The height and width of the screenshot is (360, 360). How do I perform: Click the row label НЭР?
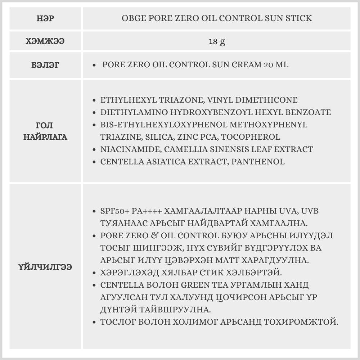pos(45,18)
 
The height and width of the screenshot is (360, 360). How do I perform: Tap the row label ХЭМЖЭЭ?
pos(45,41)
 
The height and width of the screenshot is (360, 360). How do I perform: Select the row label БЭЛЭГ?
pos(45,65)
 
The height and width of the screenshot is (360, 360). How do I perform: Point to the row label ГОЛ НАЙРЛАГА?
pos(45,131)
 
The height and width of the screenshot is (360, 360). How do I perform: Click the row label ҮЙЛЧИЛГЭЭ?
pos(45,267)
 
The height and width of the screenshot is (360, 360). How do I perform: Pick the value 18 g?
pos(217,41)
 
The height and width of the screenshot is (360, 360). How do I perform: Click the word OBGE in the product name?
pos(132,18)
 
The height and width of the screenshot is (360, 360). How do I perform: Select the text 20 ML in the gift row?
pos(276,65)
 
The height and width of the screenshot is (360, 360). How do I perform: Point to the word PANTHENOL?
pos(258,162)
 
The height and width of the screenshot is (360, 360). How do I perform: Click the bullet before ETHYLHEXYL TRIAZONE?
pos(94,100)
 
